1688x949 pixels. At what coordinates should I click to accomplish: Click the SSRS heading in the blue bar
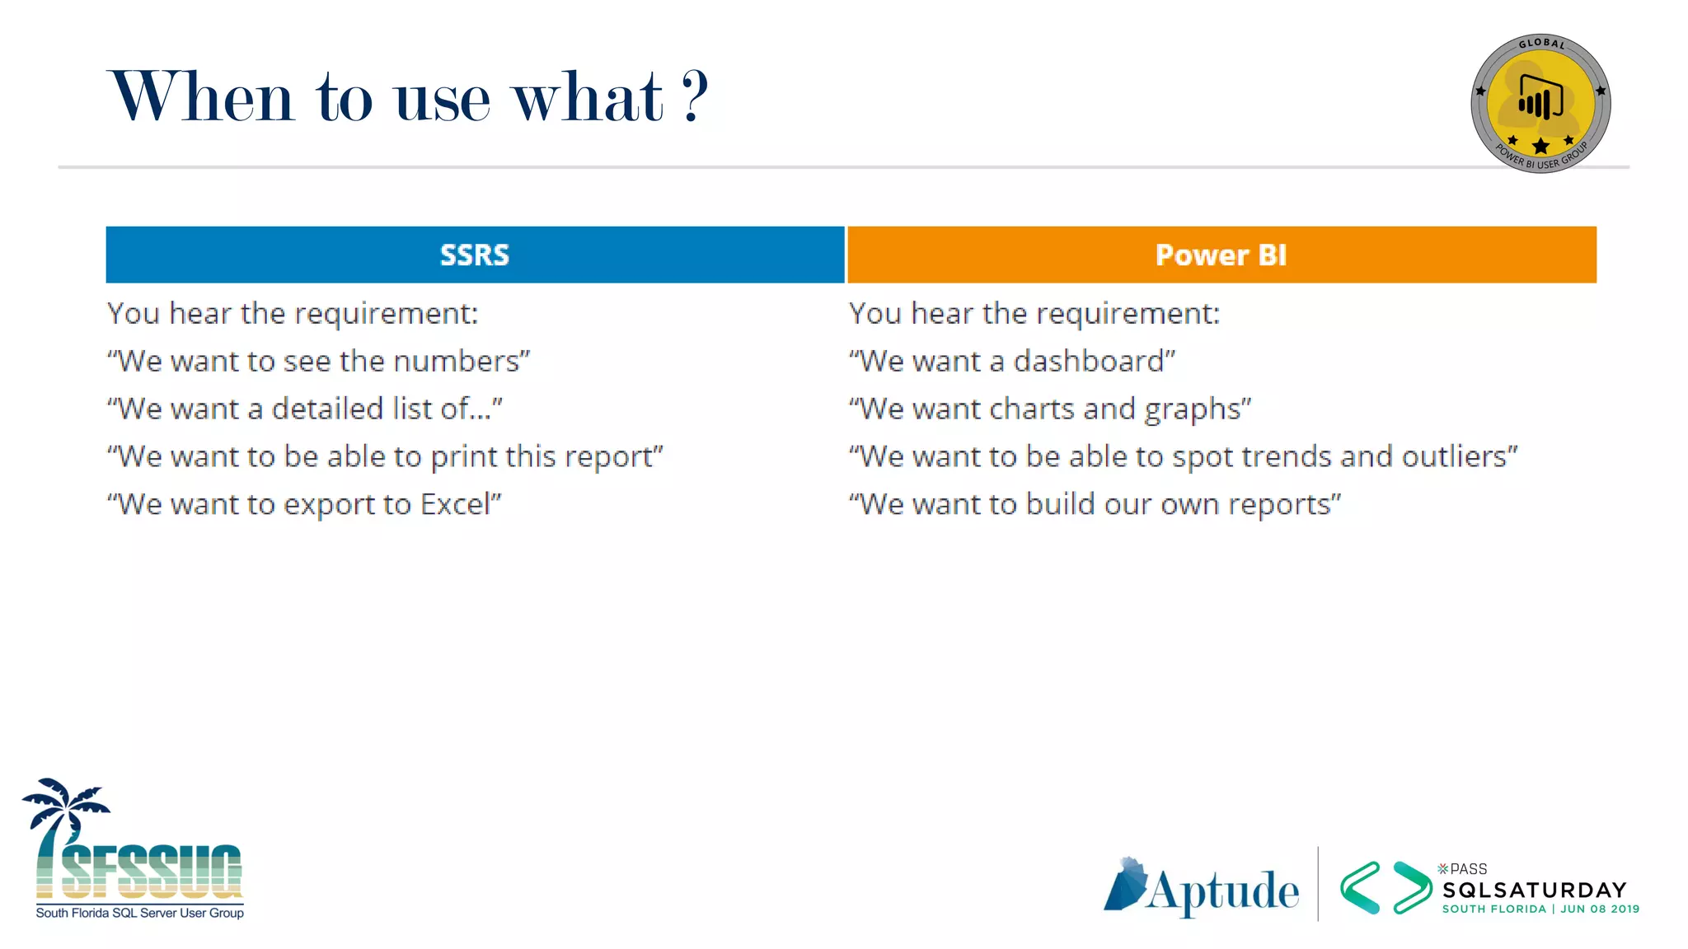(x=474, y=255)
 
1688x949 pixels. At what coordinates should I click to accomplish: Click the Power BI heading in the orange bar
(x=1221, y=255)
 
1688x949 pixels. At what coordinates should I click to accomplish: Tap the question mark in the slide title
(x=695, y=96)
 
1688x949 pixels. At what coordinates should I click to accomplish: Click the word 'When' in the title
(x=201, y=96)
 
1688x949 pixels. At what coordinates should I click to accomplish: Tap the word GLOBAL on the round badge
(x=1541, y=44)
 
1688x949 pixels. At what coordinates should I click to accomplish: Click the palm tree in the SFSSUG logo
(x=62, y=816)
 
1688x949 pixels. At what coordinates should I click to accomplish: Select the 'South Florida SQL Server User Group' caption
(x=139, y=913)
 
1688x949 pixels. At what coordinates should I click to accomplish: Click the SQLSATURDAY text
(x=1534, y=890)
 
